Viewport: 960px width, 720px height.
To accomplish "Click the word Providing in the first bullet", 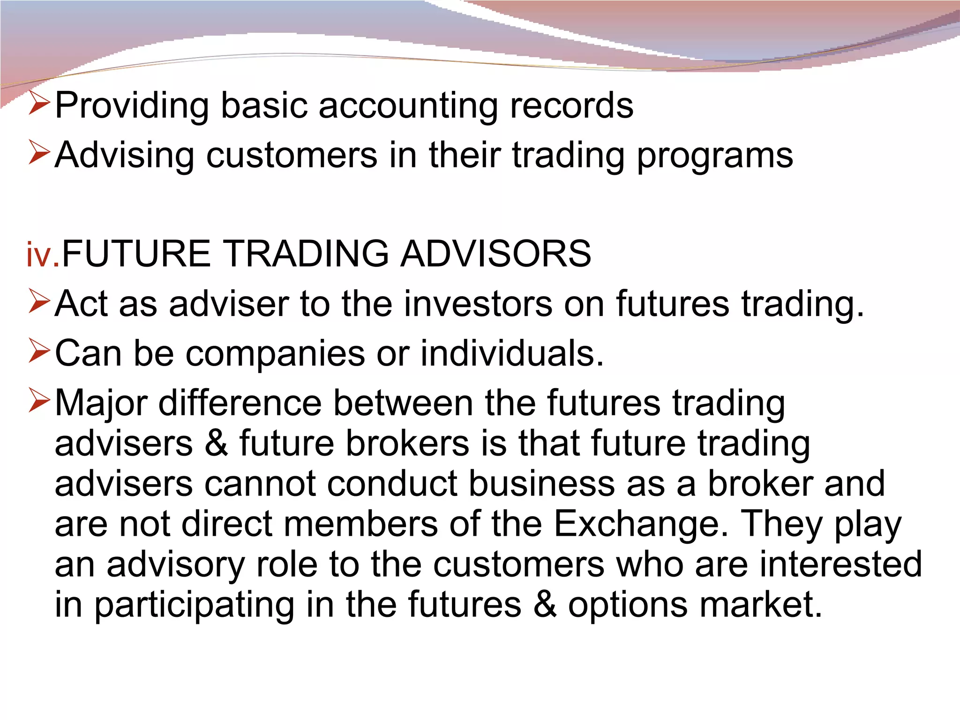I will (x=132, y=106).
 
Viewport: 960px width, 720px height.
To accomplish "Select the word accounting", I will (x=408, y=106).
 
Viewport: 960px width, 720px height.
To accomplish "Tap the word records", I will (x=571, y=105).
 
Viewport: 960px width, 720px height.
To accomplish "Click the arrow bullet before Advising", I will (x=39, y=153).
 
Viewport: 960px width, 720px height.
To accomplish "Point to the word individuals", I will (x=511, y=352).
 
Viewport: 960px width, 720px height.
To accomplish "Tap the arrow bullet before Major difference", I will (x=39, y=400).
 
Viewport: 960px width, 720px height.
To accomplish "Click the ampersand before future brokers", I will (x=216, y=443).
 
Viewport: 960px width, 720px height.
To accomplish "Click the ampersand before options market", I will (x=545, y=604).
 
